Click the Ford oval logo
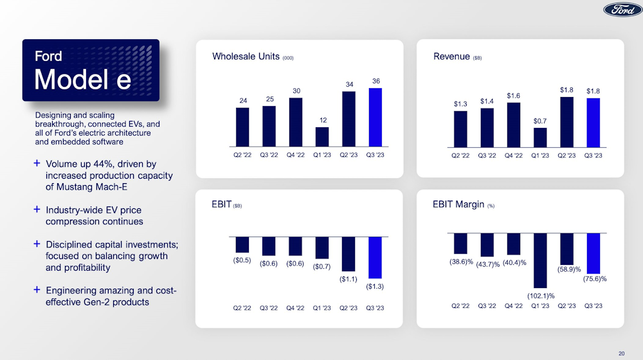click(x=622, y=10)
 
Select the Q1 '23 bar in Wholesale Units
click(x=322, y=137)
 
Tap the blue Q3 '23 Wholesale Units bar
click(x=375, y=118)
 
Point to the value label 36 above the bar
click(x=376, y=80)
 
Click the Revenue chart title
click(x=451, y=57)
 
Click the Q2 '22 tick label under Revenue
click(x=460, y=156)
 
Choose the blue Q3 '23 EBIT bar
click(x=375, y=256)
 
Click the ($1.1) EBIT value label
click(x=349, y=278)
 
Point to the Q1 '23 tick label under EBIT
click(x=322, y=307)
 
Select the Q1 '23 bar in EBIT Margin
click(x=540, y=260)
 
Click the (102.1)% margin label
click(x=541, y=295)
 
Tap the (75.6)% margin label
click(x=593, y=279)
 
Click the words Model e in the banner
click(x=82, y=80)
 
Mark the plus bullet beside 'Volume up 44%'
click(x=37, y=165)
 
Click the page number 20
click(x=621, y=352)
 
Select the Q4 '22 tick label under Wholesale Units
click(x=296, y=156)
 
